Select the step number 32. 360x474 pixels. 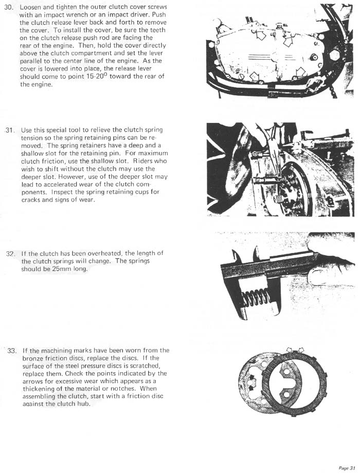point(10,254)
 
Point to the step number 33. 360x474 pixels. point(12,351)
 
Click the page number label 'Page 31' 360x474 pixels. point(347,468)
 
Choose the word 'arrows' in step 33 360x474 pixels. point(34,381)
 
